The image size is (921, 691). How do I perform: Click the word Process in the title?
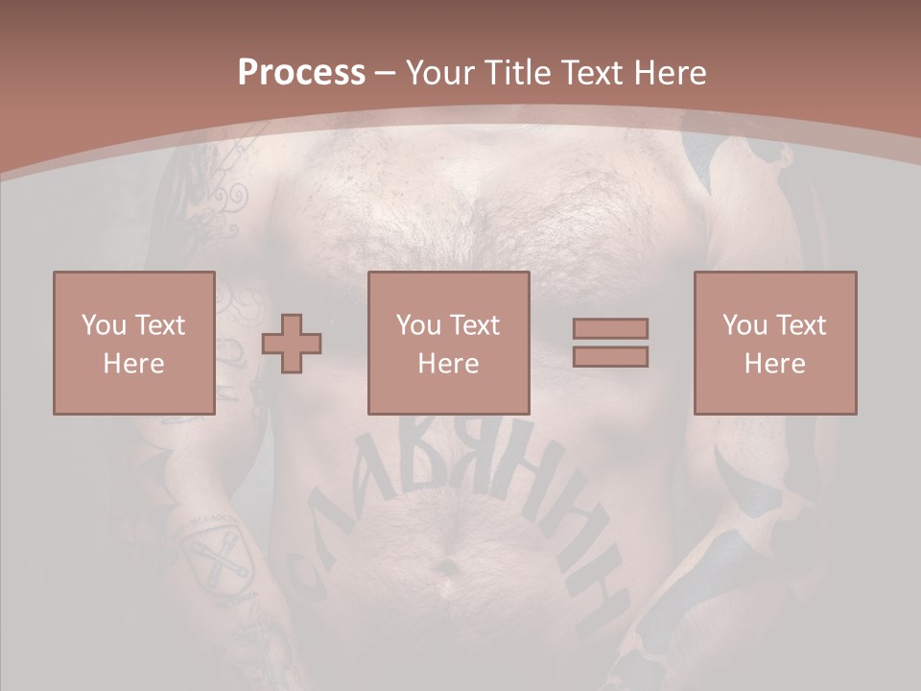point(301,73)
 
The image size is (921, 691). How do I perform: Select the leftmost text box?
point(133,343)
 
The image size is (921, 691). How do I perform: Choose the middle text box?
point(448,343)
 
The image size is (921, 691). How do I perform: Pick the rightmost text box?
point(774,343)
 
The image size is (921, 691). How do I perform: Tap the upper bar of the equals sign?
point(610,328)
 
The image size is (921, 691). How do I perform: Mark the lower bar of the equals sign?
point(610,356)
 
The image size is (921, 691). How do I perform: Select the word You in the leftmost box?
point(104,324)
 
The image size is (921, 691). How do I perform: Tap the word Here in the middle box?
point(448,363)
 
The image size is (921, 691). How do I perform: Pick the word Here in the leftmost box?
point(133,363)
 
